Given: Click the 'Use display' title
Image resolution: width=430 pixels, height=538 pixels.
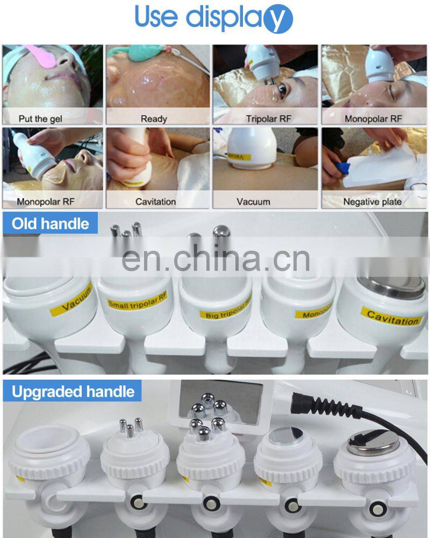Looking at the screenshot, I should pos(213,17).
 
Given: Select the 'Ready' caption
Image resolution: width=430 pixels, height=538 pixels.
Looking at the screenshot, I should pos(154,118).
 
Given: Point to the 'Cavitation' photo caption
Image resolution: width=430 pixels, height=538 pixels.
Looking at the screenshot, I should pos(155,202).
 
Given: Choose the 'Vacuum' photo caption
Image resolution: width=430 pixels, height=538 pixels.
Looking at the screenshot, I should pos(253,202).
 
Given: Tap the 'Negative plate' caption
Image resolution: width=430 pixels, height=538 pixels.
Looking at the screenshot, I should pos(372,202).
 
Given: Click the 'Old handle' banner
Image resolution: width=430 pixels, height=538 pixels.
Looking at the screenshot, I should pos(51,223).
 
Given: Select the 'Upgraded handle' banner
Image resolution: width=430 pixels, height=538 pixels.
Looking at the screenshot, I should pos(73,391).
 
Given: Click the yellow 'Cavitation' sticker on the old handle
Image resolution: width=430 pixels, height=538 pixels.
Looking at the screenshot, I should pos(391,317).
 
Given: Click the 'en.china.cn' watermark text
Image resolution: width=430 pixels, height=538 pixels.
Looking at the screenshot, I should pos(215,259).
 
